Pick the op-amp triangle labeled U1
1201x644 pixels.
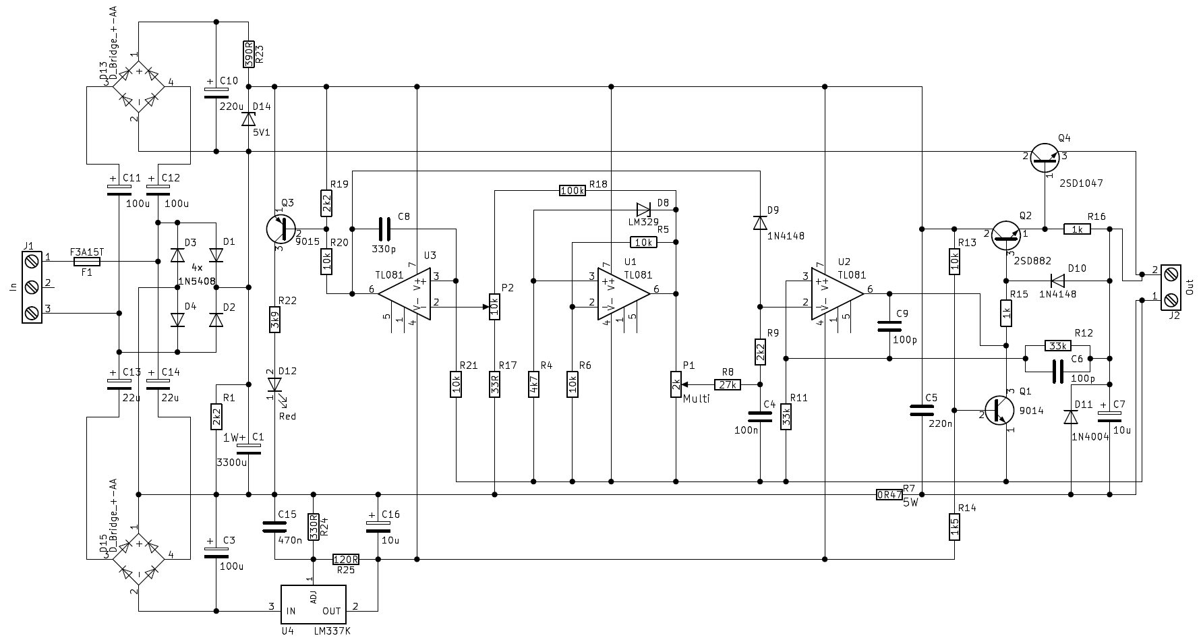tap(624, 293)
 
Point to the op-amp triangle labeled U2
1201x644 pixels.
tap(838, 293)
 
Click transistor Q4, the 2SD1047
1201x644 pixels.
tap(1044, 156)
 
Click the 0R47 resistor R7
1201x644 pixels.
tap(889, 494)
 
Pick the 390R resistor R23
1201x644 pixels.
tap(248, 55)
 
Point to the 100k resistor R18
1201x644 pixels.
tap(573, 191)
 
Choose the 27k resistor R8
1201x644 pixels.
tap(727, 384)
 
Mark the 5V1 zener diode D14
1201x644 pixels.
tap(248, 119)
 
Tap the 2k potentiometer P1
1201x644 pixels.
tap(676, 384)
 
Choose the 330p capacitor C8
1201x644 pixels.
tap(384, 229)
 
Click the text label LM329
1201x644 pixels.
tap(643, 222)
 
